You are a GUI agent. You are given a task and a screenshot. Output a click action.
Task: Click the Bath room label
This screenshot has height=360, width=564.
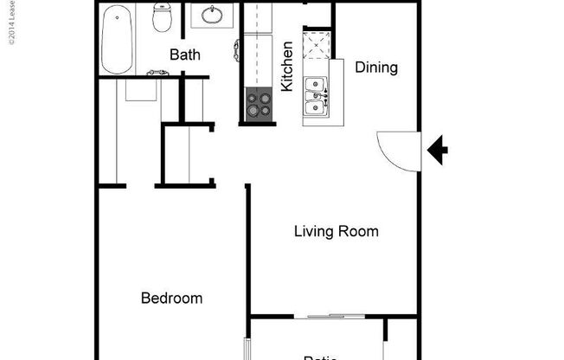[184, 55]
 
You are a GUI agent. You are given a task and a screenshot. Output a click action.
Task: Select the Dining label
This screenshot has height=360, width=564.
[376, 67]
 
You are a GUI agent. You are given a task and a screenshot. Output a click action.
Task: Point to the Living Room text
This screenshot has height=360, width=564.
[336, 232]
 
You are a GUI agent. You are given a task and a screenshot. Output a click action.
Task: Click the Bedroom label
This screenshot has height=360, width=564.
[171, 299]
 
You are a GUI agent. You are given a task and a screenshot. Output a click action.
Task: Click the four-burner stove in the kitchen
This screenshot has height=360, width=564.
[258, 105]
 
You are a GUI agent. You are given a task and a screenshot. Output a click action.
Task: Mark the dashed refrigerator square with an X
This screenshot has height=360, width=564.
[317, 44]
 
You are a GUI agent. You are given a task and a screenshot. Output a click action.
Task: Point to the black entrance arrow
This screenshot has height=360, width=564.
[439, 151]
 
